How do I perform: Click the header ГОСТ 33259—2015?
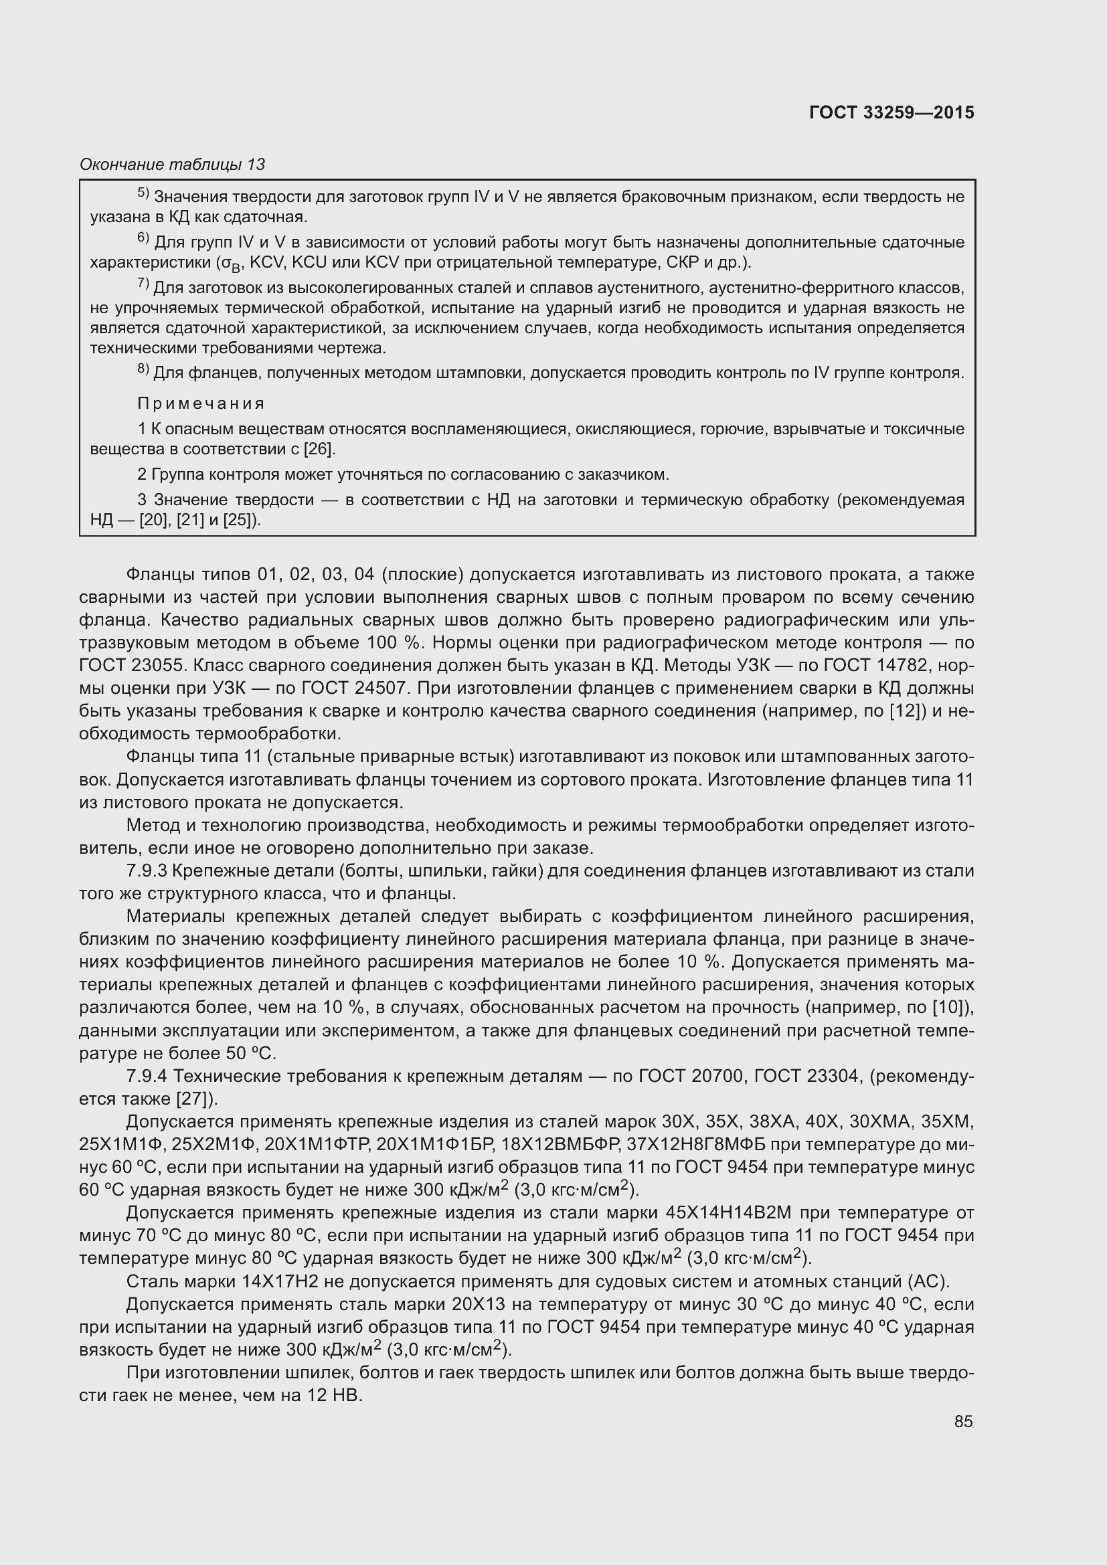[x=891, y=113]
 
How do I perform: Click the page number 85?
[x=963, y=1421]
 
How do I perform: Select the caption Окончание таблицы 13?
[x=173, y=165]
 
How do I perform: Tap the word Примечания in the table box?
[x=201, y=403]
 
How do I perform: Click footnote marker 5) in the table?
[x=143, y=194]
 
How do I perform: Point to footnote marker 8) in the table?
[x=143, y=370]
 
